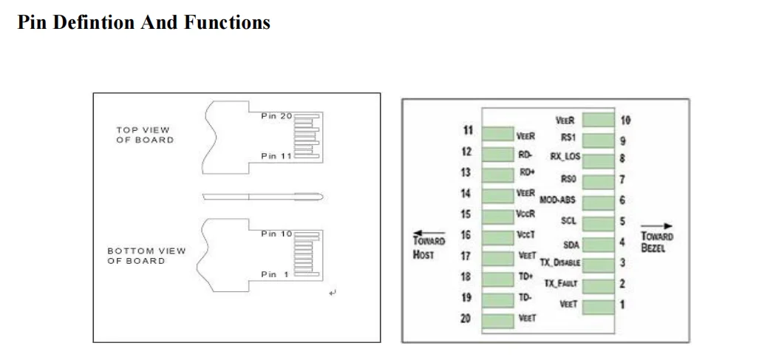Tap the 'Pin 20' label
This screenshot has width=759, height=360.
point(277,116)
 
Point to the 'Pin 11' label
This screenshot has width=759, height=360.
point(277,156)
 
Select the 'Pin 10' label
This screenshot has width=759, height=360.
point(277,234)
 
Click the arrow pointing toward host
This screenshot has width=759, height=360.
point(427,230)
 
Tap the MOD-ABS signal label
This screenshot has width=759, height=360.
point(558,200)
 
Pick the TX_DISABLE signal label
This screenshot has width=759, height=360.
point(559,262)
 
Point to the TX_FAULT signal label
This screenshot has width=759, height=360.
point(561,283)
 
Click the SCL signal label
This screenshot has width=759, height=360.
point(568,220)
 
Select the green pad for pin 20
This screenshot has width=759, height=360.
point(498,320)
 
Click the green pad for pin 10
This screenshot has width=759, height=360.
point(599,120)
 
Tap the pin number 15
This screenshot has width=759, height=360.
point(466,214)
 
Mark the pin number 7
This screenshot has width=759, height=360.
point(622,180)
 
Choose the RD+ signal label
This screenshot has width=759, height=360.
point(527,172)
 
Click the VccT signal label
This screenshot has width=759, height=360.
point(526,234)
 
